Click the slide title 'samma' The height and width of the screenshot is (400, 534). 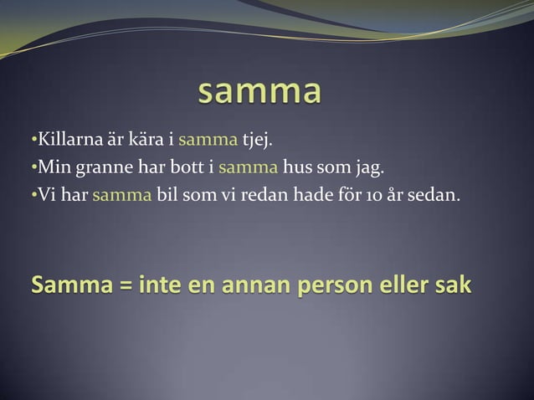click(x=259, y=93)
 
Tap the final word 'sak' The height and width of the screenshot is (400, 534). click(x=453, y=286)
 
